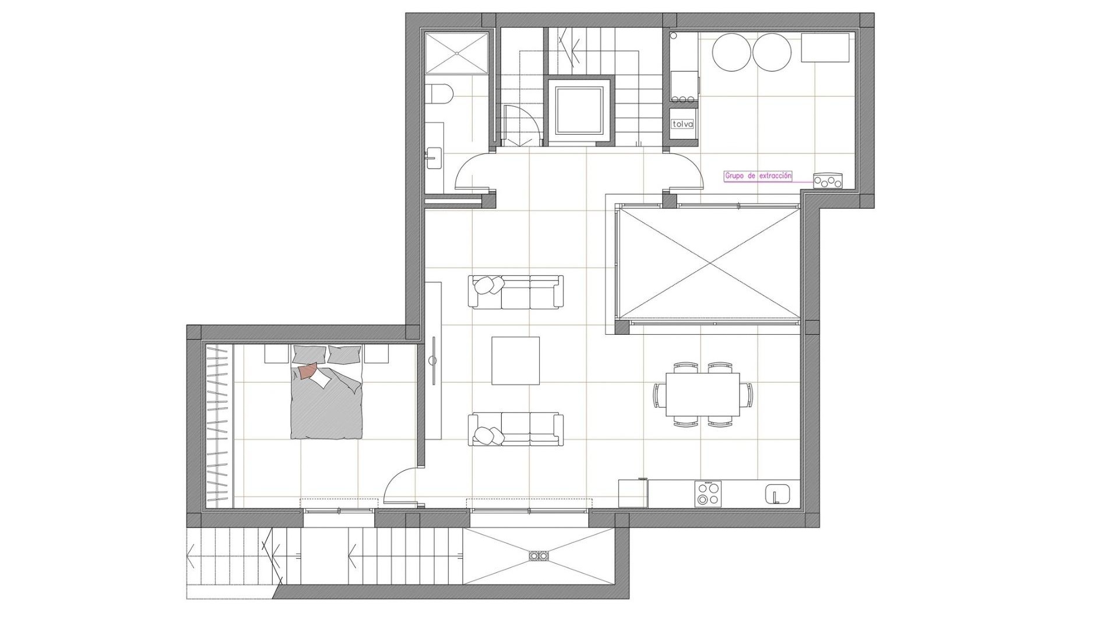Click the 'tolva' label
point(682,124)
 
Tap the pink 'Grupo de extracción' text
point(758,176)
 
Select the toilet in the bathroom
point(438,93)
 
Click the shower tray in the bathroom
point(457,53)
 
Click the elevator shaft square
point(578,109)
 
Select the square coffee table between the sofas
point(515,360)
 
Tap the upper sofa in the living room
point(516,292)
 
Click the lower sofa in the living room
point(516,430)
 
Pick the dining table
point(703,395)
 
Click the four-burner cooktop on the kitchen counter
point(708,494)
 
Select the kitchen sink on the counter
point(777,494)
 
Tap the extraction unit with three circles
point(828,181)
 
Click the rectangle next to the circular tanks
point(825,47)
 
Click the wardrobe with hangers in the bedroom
point(220,426)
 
